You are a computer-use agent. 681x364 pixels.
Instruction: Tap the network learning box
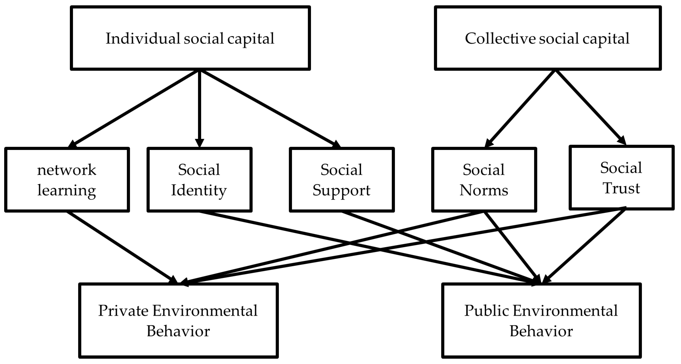[67, 180]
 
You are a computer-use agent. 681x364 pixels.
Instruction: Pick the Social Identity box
[199, 180]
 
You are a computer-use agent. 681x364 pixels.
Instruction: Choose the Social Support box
[342, 180]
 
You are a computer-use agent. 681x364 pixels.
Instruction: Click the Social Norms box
[484, 180]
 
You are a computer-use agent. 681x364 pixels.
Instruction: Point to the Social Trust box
[621, 178]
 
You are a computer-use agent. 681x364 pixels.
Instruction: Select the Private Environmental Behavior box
[178, 320]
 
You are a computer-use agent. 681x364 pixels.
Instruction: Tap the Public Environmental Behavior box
[541, 320]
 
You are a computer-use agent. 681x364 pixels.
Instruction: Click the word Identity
[199, 190]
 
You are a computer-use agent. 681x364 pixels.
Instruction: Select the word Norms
[484, 190]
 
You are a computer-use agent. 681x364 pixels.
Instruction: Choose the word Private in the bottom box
[123, 311]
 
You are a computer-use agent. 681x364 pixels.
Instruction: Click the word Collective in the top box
[500, 39]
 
